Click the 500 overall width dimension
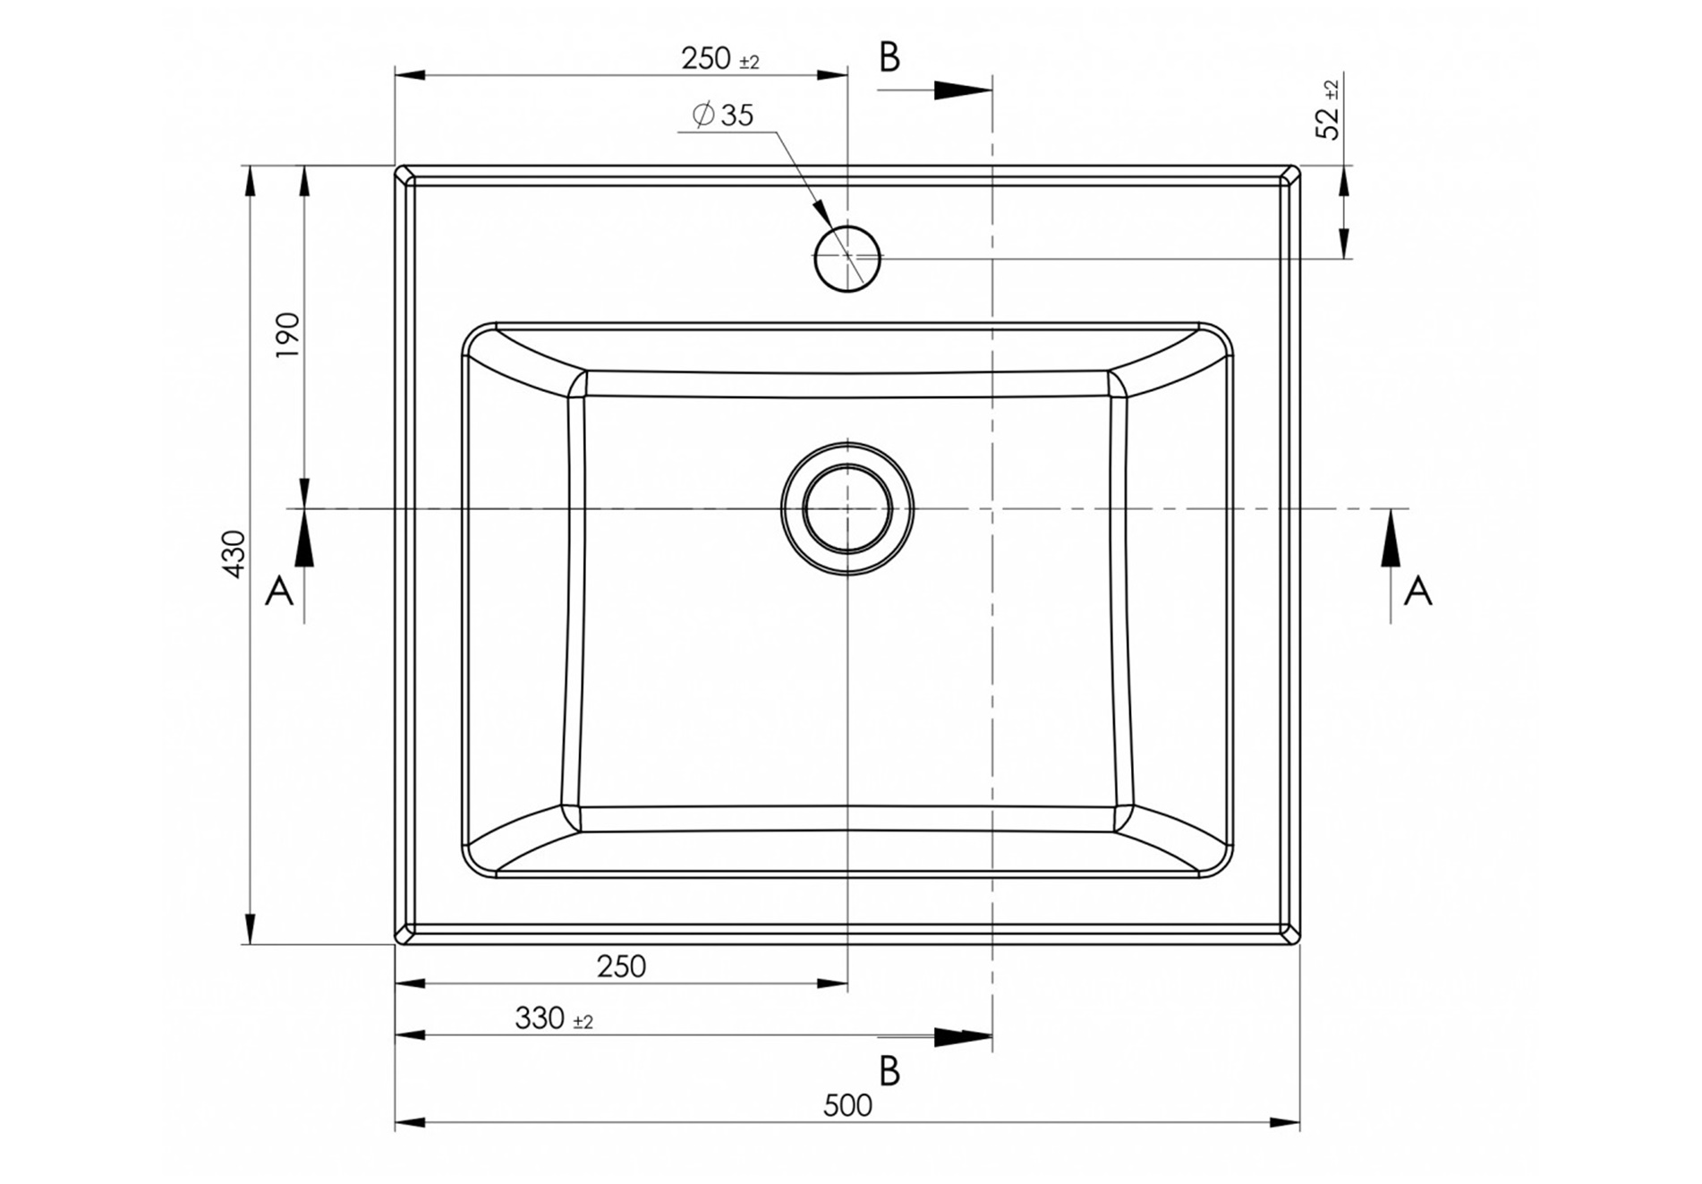pyautogui.click(x=847, y=1106)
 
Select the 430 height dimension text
pyautogui.click(x=234, y=554)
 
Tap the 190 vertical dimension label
pyautogui.click(x=288, y=335)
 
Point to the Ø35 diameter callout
pyautogui.click(x=723, y=115)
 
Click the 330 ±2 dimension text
pyautogui.click(x=554, y=1018)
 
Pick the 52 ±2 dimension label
pyautogui.click(x=1329, y=110)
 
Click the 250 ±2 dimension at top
pyautogui.click(x=720, y=59)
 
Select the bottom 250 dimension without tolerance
pyautogui.click(x=621, y=967)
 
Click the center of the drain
pyautogui.click(x=847, y=508)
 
